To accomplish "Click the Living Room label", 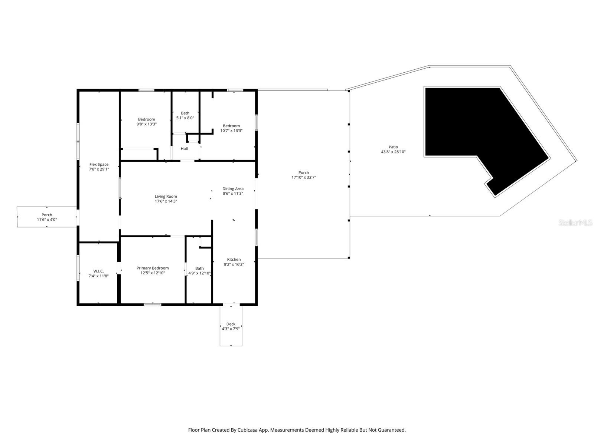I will click(166, 197).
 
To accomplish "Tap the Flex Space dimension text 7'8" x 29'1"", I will click(99, 169).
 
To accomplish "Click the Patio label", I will click(393, 147).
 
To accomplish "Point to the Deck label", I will click(231, 324).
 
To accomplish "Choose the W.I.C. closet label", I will click(98, 271).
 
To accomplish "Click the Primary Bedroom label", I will click(153, 268).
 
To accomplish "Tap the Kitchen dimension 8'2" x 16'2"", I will click(234, 264).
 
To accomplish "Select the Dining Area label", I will click(233, 189).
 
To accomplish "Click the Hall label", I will click(184, 149).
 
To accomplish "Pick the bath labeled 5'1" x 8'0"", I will click(185, 115).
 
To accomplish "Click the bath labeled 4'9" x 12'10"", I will click(199, 271).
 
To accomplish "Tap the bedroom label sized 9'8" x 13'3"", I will click(146, 122).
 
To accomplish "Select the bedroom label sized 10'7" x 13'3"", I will click(231, 128).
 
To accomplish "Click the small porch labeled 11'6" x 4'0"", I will click(47, 217).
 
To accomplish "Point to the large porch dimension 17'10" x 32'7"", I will click(304, 177).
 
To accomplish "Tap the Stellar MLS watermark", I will click(575, 222).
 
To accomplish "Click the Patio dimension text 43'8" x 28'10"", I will click(393, 152).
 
